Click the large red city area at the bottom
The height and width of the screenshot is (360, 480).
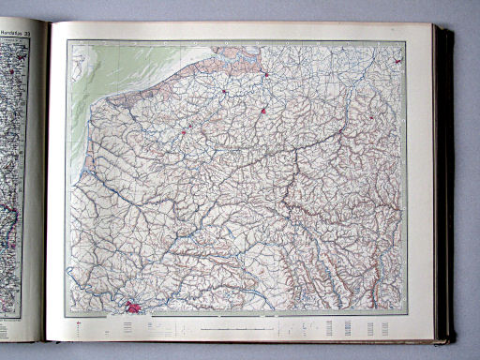tap(135, 305)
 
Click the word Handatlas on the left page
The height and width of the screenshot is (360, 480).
tap(20, 30)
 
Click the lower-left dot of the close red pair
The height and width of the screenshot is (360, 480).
tap(183, 132)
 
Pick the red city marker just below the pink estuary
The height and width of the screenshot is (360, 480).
tap(266, 73)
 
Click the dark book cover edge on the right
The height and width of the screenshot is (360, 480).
tap(445, 187)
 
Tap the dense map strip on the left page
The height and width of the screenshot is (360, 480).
tap(10, 169)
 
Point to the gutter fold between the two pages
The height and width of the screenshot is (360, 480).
tap(47, 187)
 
